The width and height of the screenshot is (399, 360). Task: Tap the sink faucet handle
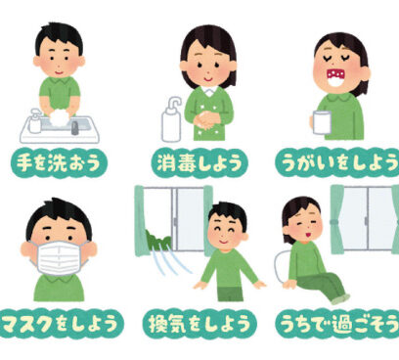75,128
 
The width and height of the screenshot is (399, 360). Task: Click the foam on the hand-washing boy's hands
60,117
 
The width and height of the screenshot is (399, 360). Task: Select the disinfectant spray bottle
171,119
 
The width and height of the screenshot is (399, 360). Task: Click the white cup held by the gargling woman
322,122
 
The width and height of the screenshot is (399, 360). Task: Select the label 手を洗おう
59,163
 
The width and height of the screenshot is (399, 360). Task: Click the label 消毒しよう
199,163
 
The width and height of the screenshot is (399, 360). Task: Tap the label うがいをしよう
337,163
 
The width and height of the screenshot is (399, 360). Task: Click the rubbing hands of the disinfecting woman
206,120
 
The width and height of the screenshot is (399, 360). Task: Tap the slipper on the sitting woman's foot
341,298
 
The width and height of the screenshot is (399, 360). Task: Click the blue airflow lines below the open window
170,262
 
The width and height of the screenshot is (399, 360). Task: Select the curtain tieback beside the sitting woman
335,223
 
